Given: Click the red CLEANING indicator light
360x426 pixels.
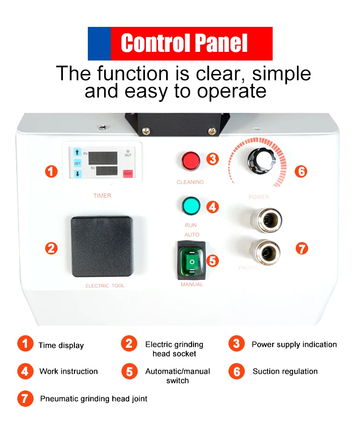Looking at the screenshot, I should (191, 161).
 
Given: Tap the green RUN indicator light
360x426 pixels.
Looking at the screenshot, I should (191, 206).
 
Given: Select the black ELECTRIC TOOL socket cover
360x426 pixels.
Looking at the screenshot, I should (102, 247).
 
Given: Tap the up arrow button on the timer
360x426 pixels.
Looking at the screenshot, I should (77, 152).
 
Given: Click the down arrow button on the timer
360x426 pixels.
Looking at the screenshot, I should (77, 173).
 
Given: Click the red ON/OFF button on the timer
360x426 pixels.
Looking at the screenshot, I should (128, 173).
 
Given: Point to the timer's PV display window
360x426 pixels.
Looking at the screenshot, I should (103, 157).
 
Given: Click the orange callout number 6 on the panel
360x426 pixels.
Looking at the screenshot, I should (300, 171).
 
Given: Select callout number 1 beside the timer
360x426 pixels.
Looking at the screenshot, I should (51, 171).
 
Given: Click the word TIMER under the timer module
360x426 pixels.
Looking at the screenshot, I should (102, 195).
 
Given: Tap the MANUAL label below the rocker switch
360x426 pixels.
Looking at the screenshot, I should (192, 284).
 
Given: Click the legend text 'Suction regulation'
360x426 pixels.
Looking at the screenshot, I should (285, 371).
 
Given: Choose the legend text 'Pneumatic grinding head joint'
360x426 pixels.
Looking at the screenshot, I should (94, 399).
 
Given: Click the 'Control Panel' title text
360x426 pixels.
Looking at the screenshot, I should (184, 43).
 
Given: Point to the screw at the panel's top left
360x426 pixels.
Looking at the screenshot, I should (101, 127).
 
